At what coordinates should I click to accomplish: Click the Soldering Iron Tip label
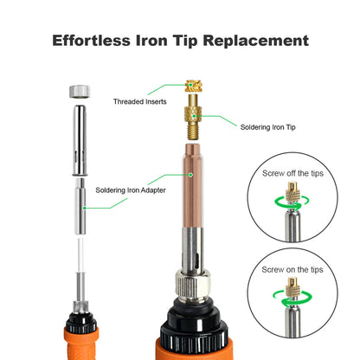(x=267, y=127)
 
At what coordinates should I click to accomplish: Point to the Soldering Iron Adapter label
(x=132, y=190)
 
